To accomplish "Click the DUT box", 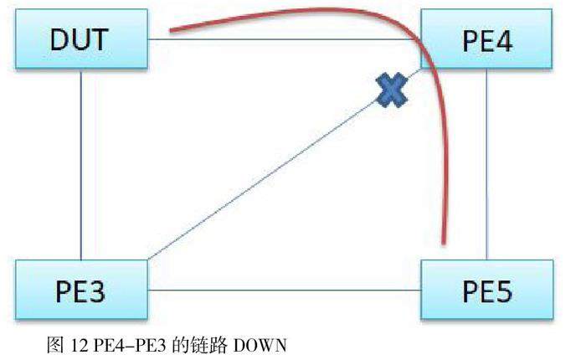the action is pyautogui.click(x=81, y=40).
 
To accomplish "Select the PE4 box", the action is pyautogui.click(x=485, y=40).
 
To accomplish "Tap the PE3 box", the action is pyautogui.click(x=81, y=291).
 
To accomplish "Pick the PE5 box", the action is pyautogui.click(x=486, y=291).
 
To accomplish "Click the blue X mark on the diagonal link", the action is pyautogui.click(x=391, y=90).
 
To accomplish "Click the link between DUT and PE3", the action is pyautogui.click(x=81, y=164).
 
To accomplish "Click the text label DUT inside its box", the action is pyautogui.click(x=81, y=40).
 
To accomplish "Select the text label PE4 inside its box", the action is pyautogui.click(x=485, y=40).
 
